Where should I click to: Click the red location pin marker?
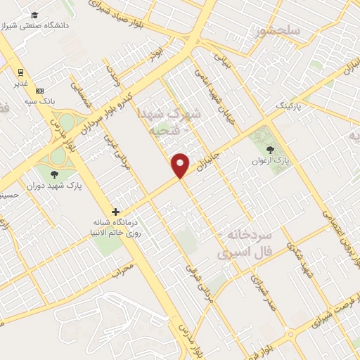tap(181, 165)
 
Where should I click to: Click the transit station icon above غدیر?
tap(21, 72)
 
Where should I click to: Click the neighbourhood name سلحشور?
tap(280, 30)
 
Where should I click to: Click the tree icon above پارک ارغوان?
tap(271, 149)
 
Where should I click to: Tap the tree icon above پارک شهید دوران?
tap(54, 174)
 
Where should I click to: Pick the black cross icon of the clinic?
tap(116, 212)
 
